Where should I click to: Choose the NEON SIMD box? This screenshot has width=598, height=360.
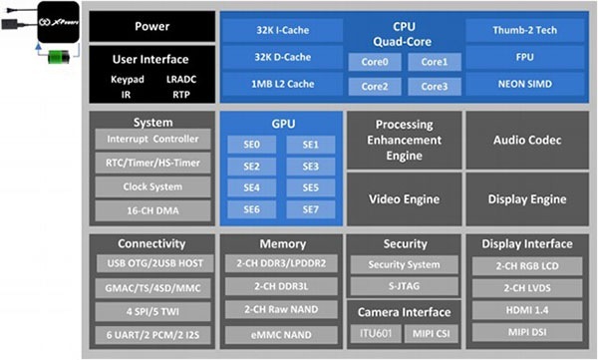point(524,85)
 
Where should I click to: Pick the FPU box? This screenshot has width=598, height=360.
point(524,58)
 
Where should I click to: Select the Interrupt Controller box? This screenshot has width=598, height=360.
point(151,140)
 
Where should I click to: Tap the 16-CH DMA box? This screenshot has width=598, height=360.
point(151,210)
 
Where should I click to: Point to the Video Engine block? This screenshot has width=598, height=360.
point(404,199)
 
